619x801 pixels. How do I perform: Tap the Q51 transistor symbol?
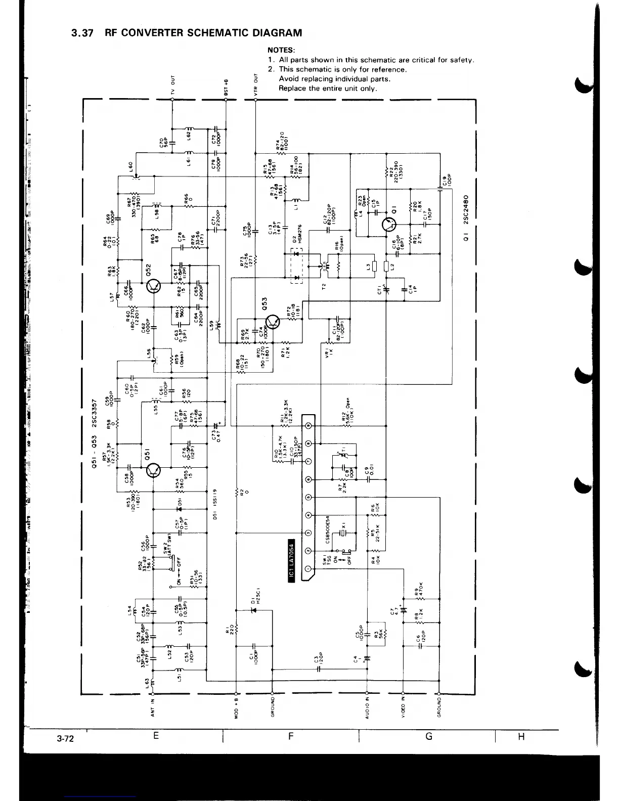(153, 471)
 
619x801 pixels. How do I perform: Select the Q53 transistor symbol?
(273, 322)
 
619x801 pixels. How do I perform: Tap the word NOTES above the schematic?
(281, 51)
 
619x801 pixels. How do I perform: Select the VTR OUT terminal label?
(256, 84)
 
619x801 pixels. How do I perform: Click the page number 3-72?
(65, 739)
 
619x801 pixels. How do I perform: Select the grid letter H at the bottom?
(521, 737)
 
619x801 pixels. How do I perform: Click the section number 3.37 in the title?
(82, 33)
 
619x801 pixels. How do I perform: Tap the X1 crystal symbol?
(343, 533)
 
